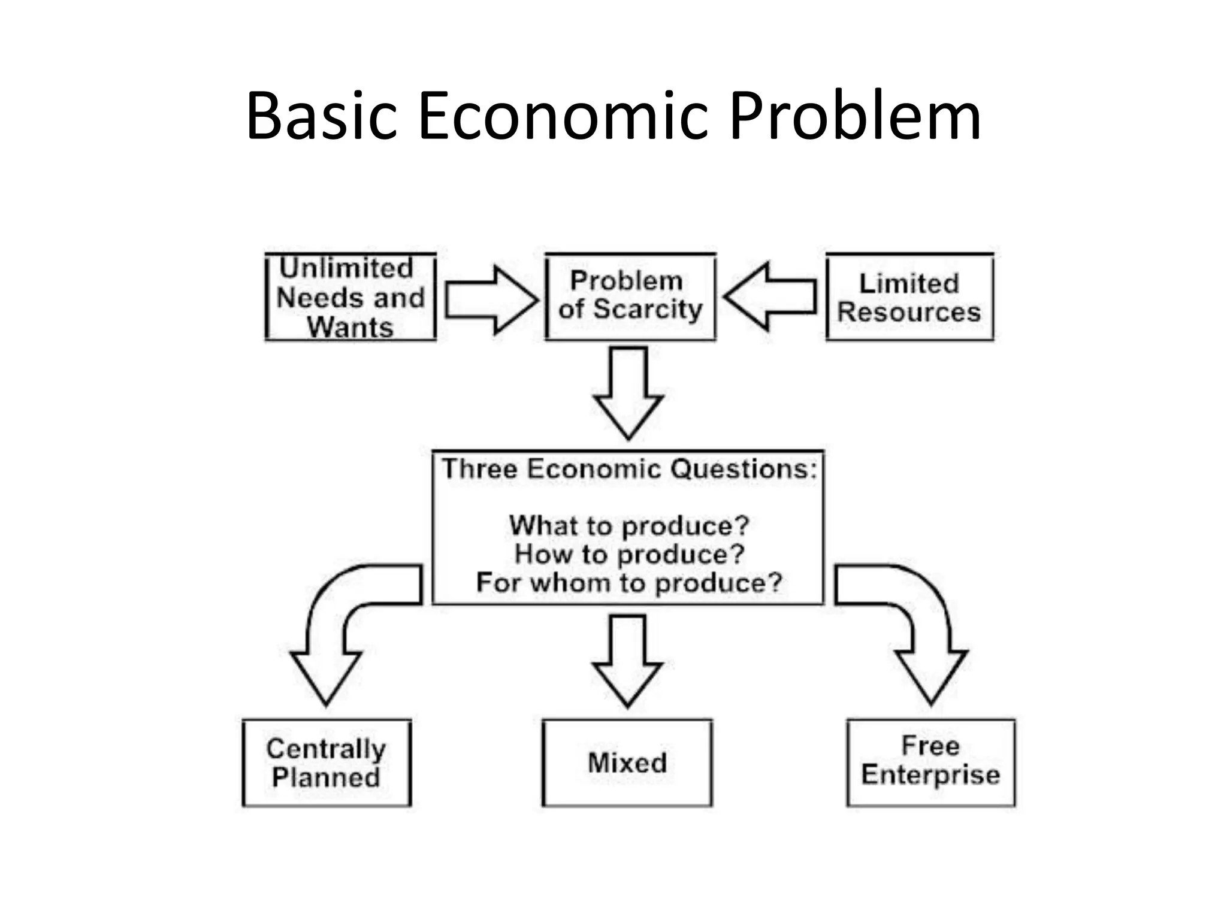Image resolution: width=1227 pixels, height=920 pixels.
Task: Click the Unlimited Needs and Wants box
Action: [x=350, y=298]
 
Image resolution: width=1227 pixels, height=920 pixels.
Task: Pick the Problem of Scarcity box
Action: [x=630, y=296]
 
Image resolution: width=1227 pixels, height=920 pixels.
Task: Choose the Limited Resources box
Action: [x=909, y=298]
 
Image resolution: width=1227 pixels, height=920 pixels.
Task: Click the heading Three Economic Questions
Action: [x=628, y=469]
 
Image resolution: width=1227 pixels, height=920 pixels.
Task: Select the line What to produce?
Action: [x=628, y=526]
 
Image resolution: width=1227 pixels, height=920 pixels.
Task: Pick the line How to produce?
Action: [x=628, y=554]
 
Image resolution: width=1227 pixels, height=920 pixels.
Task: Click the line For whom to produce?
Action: [x=628, y=583]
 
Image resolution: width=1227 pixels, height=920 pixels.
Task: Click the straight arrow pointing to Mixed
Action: [x=627, y=659]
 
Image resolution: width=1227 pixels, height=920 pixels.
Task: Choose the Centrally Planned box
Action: [x=327, y=763]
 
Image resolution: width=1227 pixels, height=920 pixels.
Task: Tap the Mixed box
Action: [x=627, y=763]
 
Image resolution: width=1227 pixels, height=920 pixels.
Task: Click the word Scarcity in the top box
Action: [x=648, y=310]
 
